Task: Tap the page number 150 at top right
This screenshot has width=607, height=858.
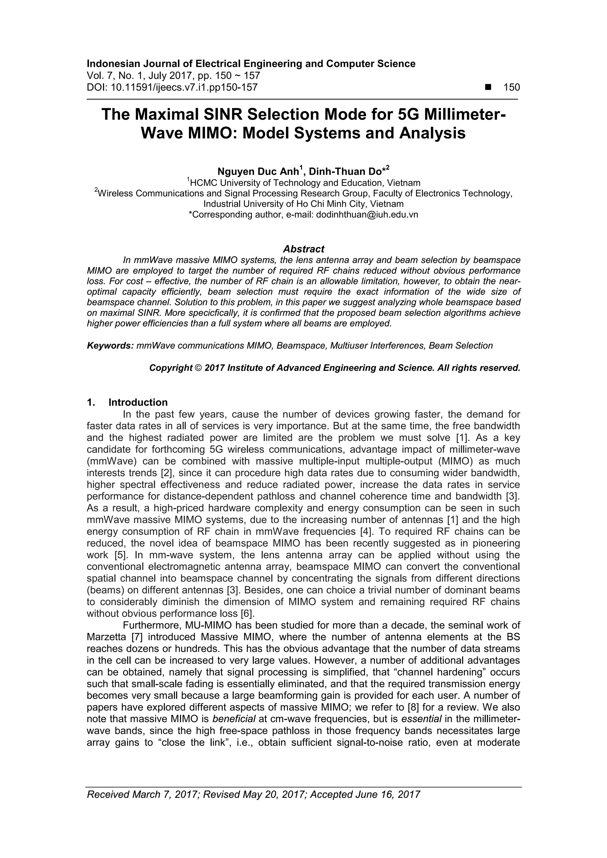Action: (511, 87)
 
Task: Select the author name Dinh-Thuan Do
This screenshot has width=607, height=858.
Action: (344, 171)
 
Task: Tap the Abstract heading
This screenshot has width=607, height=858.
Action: (303, 249)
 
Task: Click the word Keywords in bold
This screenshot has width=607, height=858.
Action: (110, 346)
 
